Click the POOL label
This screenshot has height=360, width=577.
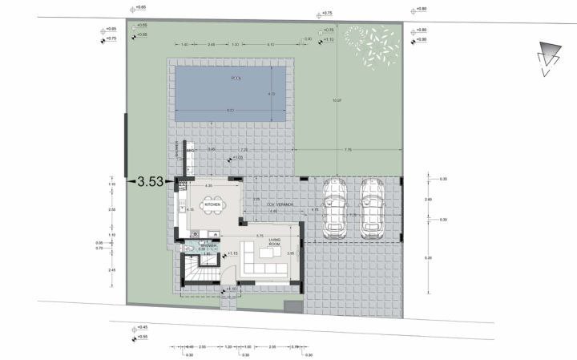pyautogui.click(x=235, y=78)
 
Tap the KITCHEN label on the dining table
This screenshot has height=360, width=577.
pyautogui.click(x=212, y=205)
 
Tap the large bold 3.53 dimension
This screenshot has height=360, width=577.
pyautogui.click(x=151, y=182)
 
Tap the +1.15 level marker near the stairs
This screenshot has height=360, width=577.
pyautogui.click(x=233, y=254)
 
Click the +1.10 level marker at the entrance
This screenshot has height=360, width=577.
pyautogui.click(x=231, y=289)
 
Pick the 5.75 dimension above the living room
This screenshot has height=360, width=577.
pyautogui.click(x=260, y=236)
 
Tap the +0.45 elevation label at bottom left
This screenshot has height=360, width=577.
pyautogui.click(x=143, y=327)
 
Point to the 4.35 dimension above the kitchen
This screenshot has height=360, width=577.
pyautogui.click(x=208, y=186)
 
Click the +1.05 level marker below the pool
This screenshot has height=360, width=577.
pyautogui.click(x=238, y=158)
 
